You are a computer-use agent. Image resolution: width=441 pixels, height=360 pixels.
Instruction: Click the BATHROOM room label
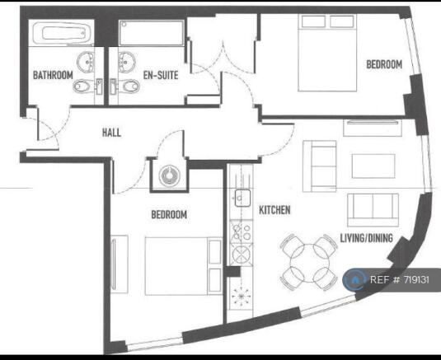[x=53, y=75]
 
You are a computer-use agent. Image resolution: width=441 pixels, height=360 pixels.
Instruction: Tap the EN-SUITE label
[x=161, y=75]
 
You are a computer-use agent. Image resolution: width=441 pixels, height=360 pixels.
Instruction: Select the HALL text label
[x=111, y=133]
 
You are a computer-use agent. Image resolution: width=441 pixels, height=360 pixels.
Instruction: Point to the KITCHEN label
[x=274, y=210]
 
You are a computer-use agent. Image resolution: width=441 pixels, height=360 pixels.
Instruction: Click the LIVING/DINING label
[x=367, y=238]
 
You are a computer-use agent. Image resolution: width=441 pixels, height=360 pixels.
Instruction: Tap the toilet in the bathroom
[x=87, y=86]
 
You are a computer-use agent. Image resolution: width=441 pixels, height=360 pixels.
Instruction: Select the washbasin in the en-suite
[x=127, y=62]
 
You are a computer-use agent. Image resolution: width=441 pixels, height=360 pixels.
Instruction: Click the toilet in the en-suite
[x=125, y=86]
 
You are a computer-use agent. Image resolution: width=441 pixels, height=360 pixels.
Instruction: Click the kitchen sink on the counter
[x=242, y=198]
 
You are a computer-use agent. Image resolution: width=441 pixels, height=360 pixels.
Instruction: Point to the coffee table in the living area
[x=373, y=166]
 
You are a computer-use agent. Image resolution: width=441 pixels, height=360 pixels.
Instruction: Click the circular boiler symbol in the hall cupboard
[x=169, y=175]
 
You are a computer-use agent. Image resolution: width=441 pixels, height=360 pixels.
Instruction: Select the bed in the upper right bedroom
[x=327, y=53]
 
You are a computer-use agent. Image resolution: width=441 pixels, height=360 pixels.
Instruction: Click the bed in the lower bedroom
[x=183, y=266]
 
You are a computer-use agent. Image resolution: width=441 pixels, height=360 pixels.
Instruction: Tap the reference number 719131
[x=416, y=280]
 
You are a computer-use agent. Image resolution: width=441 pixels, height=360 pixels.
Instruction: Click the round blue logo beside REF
[x=355, y=280]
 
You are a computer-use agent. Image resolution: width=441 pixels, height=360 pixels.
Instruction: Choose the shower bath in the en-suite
[x=152, y=33]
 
